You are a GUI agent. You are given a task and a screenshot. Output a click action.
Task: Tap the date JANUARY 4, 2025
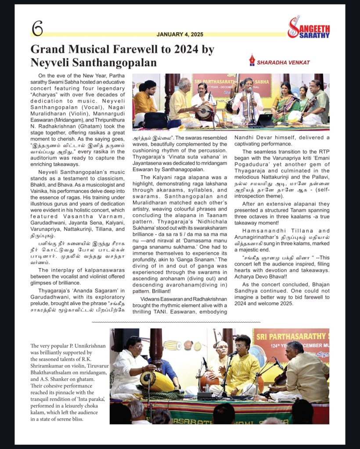pyautogui.click(x=180, y=34)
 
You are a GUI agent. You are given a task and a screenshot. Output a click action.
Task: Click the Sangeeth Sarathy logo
pyautogui.click(x=308, y=27)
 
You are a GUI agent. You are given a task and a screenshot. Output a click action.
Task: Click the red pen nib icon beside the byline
pyautogui.click(x=252, y=60)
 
